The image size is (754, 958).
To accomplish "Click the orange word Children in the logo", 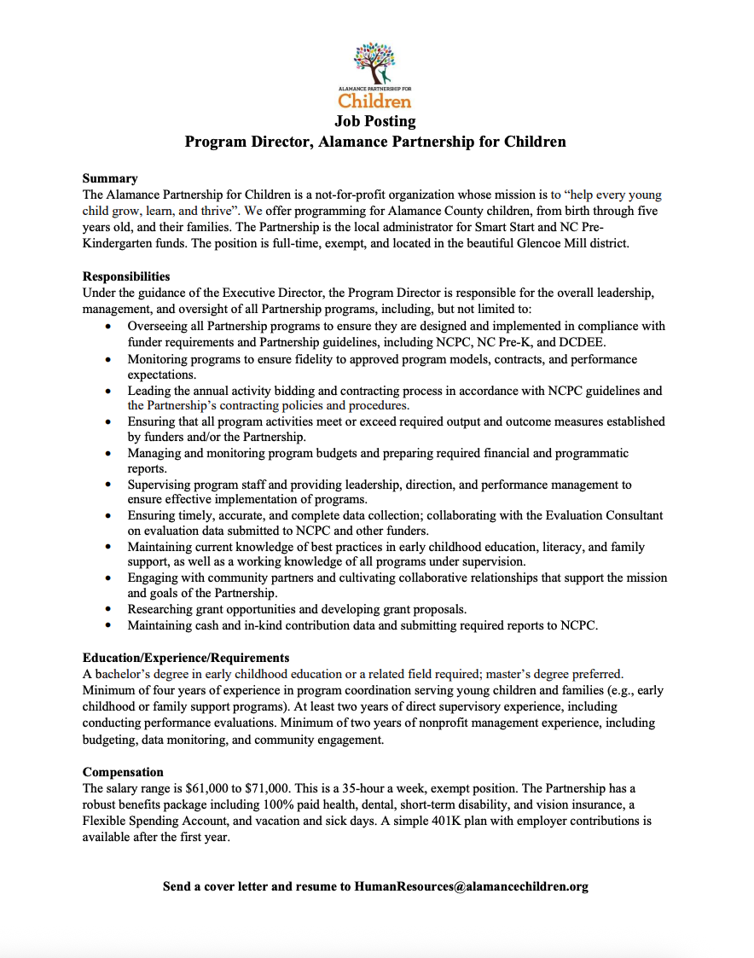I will [375, 102].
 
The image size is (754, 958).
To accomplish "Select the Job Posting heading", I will [375, 121].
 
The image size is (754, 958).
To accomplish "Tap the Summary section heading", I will [110, 178].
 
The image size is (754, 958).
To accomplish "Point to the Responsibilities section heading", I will [126, 276].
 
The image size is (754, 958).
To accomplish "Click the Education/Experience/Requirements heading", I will [186, 658].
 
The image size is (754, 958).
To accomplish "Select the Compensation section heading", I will [123, 772].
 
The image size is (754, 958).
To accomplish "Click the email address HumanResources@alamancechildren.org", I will [471, 886].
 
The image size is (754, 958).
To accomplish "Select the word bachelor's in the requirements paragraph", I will [125, 674].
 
